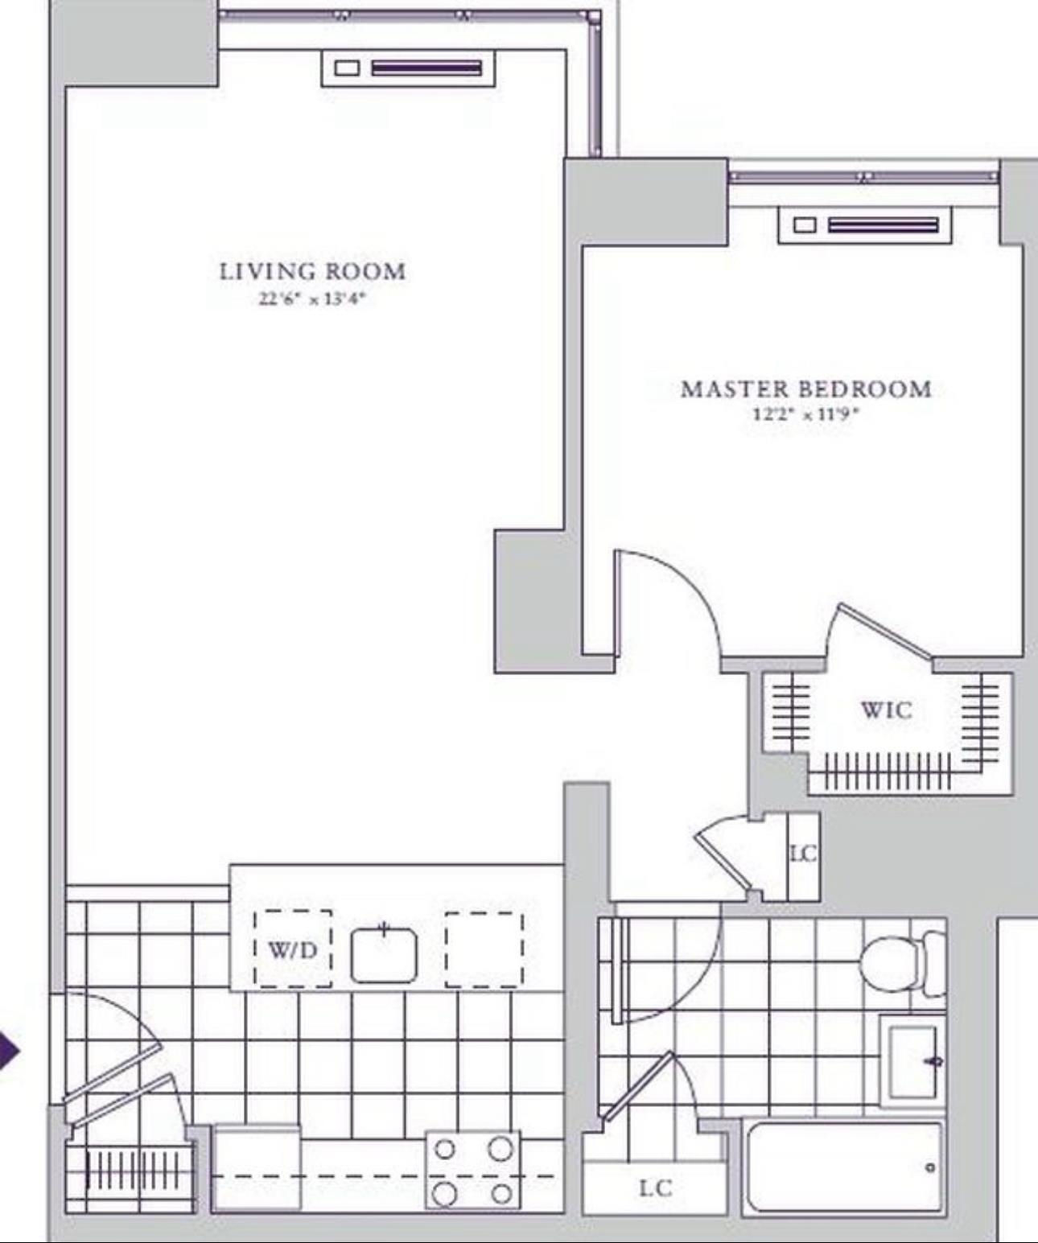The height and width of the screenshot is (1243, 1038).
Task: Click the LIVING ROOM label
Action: (x=313, y=272)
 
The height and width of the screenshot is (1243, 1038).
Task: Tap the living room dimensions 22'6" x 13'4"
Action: (x=311, y=298)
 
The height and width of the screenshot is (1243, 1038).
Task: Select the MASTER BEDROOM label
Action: (x=806, y=389)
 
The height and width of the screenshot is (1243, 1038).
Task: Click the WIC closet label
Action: (x=886, y=710)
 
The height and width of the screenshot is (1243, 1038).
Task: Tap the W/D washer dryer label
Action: (x=292, y=951)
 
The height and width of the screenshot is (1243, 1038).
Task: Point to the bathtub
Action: (x=842, y=1168)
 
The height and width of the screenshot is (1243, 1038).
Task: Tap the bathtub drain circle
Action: (x=931, y=1168)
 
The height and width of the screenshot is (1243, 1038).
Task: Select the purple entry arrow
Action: (x=8, y=1050)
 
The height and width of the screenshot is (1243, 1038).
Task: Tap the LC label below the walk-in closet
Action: (x=803, y=854)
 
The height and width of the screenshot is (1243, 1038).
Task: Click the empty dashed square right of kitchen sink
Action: (x=484, y=949)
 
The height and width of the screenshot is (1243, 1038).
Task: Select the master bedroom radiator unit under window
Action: (x=865, y=225)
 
